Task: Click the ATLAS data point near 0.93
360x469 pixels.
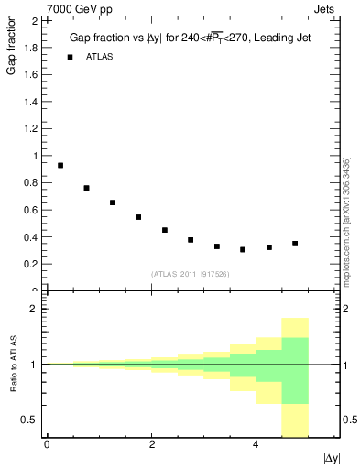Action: click(60, 165)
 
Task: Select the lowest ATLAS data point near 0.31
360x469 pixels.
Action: click(243, 249)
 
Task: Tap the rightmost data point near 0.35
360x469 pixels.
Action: click(295, 244)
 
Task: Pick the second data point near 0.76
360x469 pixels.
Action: click(86, 188)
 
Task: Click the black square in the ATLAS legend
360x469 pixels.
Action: click(70, 57)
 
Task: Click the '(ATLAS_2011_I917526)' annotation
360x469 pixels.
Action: click(190, 274)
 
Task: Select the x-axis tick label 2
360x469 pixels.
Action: click(151, 445)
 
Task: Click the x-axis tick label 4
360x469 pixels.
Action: click(256, 445)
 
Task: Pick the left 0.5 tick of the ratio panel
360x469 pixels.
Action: click(30, 420)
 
